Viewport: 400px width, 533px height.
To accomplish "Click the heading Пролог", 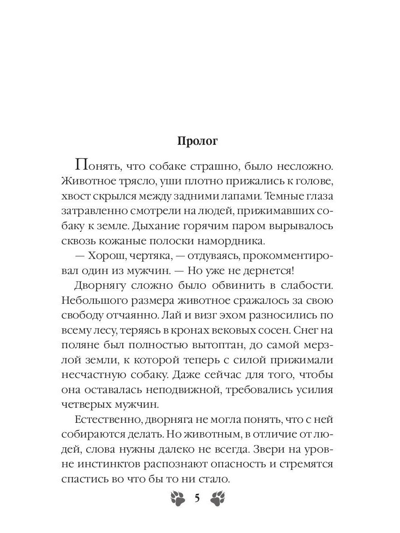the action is pos(197,141).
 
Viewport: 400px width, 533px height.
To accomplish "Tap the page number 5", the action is pos(197,498).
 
